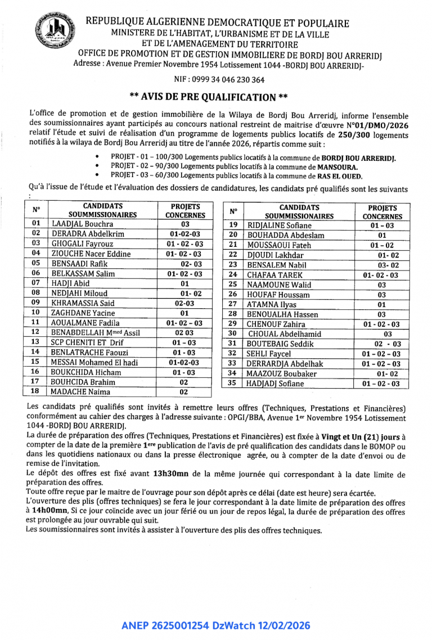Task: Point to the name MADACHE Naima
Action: pos(81,392)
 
